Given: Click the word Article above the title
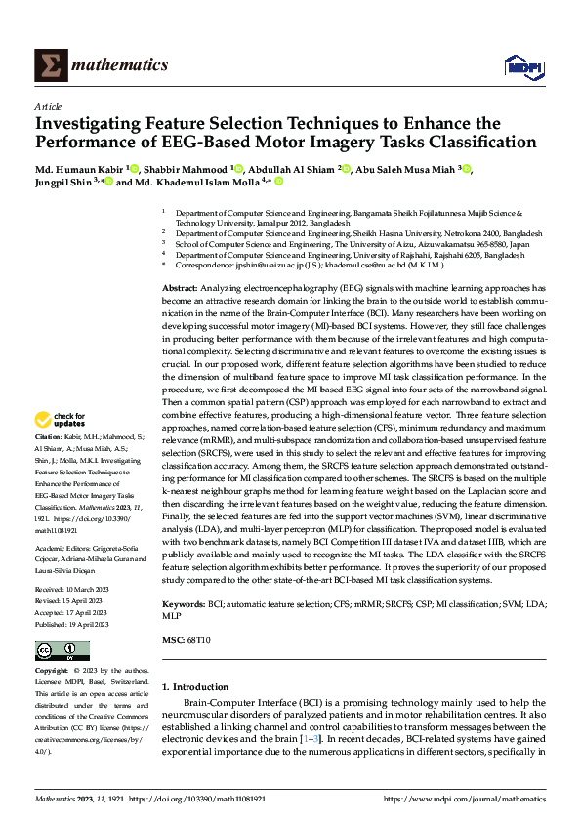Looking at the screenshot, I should (48, 106).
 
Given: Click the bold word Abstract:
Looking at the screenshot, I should (180, 290).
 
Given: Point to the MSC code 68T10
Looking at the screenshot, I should (198, 638).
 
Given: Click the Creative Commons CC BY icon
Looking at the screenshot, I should (62, 651).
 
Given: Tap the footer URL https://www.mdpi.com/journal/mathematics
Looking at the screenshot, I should (464, 799).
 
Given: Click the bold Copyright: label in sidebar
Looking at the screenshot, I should (53, 672).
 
